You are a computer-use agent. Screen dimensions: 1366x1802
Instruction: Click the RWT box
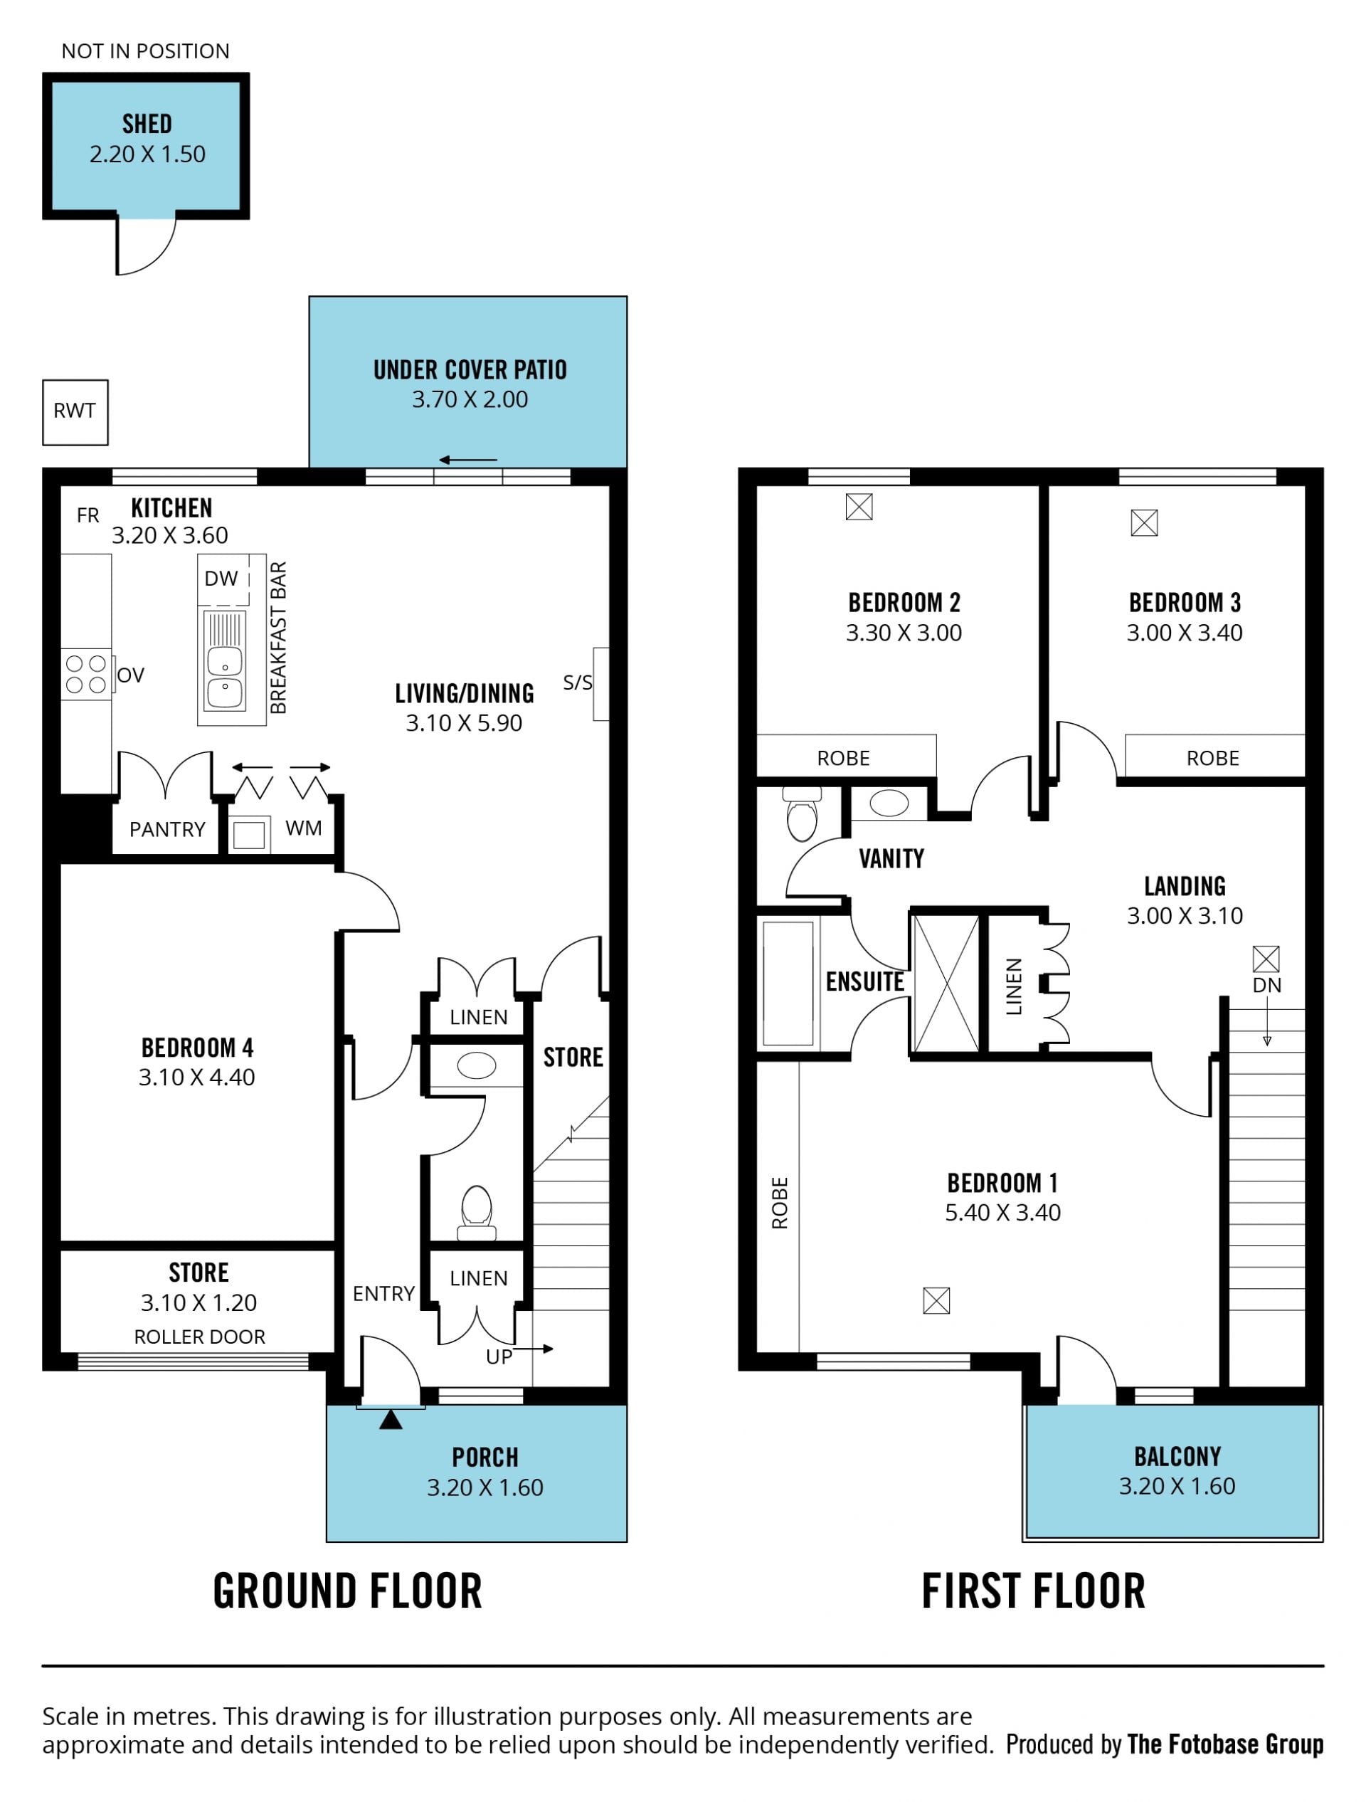tap(75, 412)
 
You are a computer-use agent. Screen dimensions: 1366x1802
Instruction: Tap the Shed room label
tap(147, 124)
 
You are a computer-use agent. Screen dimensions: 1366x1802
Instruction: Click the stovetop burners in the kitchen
tap(85, 675)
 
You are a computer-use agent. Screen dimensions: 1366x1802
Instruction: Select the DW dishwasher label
tap(221, 579)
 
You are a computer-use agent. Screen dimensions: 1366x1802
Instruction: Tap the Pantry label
tap(167, 829)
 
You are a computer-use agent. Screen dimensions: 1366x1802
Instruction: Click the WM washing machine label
tap(304, 828)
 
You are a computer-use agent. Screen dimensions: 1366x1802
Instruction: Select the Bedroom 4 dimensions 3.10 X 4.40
tap(197, 1077)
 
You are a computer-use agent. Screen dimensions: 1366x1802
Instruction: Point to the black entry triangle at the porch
tap(391, 1420)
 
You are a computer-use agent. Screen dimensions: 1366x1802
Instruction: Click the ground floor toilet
tap(477, 1212)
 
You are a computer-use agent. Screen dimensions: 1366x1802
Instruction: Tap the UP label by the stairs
tap(499, 1356)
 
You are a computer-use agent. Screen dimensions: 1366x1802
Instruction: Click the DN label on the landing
tap(1266, 985)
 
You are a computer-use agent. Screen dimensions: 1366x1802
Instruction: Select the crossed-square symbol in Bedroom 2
tap(859, 507)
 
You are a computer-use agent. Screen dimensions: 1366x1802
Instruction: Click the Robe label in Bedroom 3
tap(1213, 759)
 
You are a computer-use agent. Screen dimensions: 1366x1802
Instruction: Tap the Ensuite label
tap(865, 981)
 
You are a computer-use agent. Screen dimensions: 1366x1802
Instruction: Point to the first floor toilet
tap(803, 813)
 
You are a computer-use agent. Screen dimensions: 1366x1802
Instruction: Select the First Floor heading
tap(1033, 1591)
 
